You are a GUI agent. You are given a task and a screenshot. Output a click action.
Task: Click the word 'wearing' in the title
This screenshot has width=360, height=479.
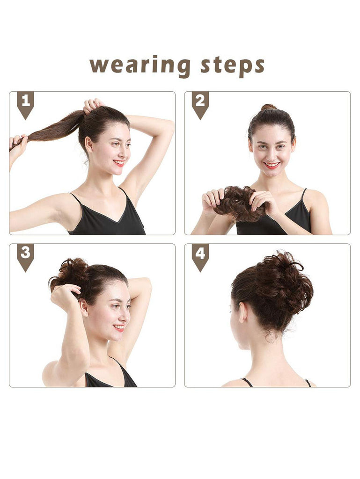[x=140, y=65]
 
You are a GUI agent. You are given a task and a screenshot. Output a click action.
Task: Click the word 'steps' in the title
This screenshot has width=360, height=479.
[x=232, y=65]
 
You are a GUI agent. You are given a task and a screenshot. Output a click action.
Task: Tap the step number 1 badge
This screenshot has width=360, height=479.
[x=25, y=105]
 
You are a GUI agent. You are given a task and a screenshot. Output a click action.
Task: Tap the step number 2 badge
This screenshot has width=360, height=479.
[x=200, y=105]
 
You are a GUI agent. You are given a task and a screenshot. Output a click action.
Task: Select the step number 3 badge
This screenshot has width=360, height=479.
[x=25, y=257]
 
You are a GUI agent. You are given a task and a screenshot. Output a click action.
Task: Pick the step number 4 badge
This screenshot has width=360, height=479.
[x=200, y=257]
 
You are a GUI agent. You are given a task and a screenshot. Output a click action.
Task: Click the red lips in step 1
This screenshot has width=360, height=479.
[x=119, y=163]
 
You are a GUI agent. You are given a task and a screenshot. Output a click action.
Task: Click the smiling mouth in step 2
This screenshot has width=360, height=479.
[x=272, y=165]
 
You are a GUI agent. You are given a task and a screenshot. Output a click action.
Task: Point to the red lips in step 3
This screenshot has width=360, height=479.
[x=119, y=328]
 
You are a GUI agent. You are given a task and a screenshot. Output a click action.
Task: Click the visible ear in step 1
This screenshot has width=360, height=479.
[x=89, y=145]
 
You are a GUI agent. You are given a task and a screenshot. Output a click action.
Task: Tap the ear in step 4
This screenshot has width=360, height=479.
[x=243, y=312]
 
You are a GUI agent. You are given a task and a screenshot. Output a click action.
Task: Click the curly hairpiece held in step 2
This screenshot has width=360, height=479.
[x=238, y=204]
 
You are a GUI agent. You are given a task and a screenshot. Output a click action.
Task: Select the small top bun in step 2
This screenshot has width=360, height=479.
[x=269, y=107]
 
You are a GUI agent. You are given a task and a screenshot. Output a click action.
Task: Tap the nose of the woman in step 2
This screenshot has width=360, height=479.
[x=271, y=154]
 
